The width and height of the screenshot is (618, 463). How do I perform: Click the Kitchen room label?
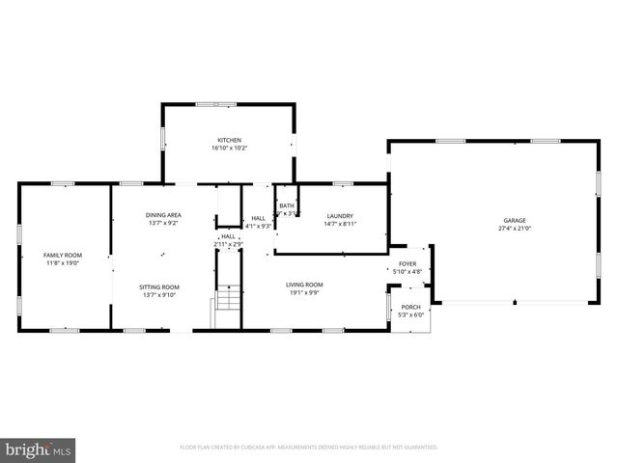click(x=228, y=140)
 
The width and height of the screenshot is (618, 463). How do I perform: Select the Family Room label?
click(x=60, y=255)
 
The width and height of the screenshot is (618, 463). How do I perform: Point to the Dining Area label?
click(x=163, y=215)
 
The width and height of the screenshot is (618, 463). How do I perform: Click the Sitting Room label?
click(x=159, y=286)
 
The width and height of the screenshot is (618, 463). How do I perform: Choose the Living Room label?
click(x=303, y=285)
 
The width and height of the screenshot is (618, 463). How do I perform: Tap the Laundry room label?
click(x=339, y=216)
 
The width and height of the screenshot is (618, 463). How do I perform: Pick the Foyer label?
click(x=407, y=263)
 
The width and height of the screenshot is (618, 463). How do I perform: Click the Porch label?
click(x=411, y=308)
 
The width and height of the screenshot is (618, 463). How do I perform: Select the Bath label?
click(x=287, y=205)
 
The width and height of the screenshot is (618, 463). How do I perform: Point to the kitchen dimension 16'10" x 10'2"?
click(x=228, y=148)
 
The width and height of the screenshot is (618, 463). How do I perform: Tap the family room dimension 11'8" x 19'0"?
click(x=60, y=262)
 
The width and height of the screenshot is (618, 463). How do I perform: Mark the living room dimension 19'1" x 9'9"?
click(x=303, y=292)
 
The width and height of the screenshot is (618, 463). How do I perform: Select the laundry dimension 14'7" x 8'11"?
click(x=339, y=224)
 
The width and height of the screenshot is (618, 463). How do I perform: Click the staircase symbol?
click(x=226, y=299)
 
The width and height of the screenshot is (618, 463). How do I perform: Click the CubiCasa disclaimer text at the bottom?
click(x=309, y=448)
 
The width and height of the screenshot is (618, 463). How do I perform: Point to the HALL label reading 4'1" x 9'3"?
click(x=259, y=222)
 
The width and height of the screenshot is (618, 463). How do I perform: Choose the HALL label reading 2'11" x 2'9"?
click(x=228, y=240)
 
